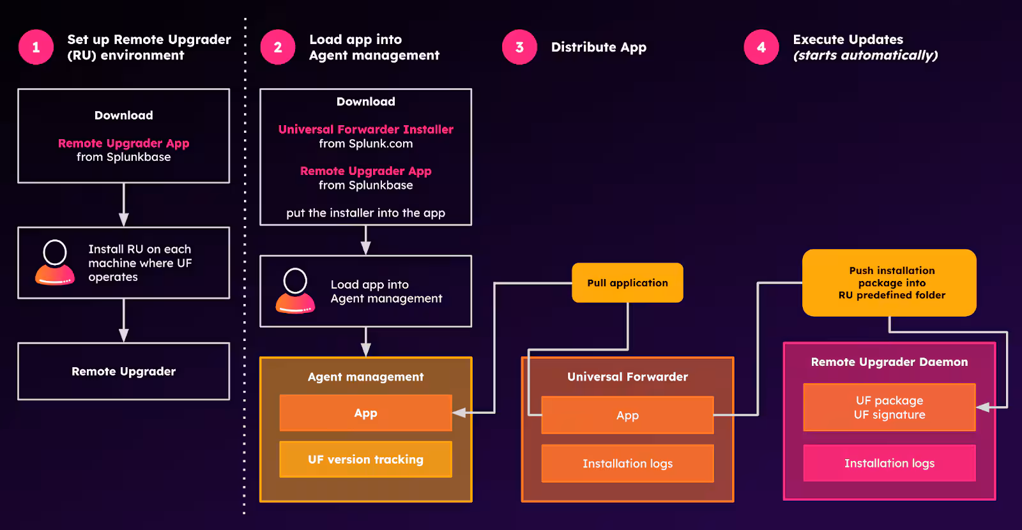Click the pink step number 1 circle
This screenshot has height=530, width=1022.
(36, 47)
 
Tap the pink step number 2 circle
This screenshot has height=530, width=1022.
(278, 47)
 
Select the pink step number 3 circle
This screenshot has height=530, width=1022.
(519, 47)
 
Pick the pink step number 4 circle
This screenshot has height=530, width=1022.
(761, 47)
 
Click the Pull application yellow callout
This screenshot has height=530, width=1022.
(627, 283)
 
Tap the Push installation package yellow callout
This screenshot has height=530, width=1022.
(889, 283)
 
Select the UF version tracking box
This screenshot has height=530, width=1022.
(365, 460)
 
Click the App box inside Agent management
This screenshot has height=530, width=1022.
(365, 413)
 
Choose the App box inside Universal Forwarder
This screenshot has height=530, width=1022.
(627, 416)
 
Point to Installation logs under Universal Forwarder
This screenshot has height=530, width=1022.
(627, 464)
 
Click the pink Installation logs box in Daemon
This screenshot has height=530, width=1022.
(889, 464)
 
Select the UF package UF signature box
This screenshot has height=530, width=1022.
(889, 407)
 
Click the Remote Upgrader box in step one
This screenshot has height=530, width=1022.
(123, 372)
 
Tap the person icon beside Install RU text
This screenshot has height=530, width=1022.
(55, 262)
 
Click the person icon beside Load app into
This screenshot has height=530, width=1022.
(295, 291)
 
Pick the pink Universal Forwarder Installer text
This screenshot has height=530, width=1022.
(365, 130)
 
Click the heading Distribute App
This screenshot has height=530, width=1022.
(599, 47)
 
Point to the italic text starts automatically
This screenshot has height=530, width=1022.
(866, 56)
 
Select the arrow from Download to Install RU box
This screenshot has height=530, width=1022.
(123, 205)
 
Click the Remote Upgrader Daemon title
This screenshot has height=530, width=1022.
(889, 362)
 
